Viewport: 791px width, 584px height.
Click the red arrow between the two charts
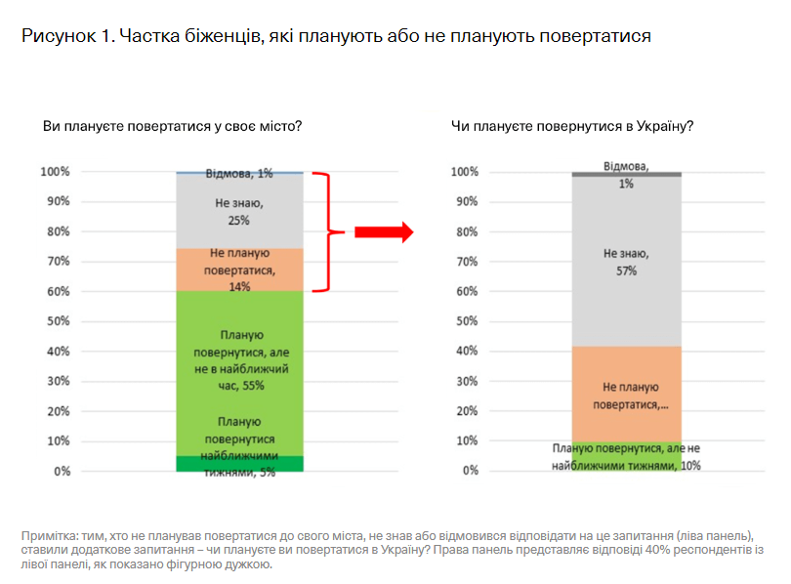(384, 231)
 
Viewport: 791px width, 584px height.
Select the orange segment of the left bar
(239, 271)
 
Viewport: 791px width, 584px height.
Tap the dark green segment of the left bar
(239, 464)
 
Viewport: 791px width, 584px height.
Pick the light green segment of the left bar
(239, 371)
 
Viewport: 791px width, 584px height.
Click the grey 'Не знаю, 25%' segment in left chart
(239, 210)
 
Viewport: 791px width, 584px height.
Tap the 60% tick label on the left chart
(55, 292)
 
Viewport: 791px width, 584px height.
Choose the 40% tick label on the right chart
(467, 351)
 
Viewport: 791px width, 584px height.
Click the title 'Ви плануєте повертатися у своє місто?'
(172, 126)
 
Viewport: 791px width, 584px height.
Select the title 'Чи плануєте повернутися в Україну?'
(572, 126)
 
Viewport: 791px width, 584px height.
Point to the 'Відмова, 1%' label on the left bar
(239, 174)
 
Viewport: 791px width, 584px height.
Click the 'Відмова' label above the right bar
(625, 166)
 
